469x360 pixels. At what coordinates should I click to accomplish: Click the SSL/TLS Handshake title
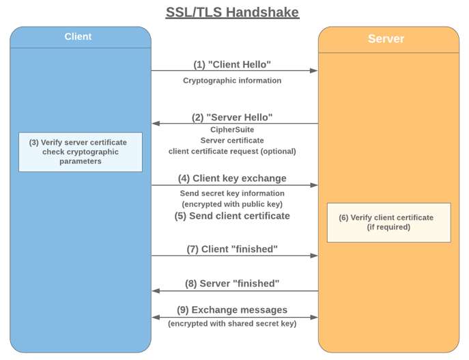coord(232,12)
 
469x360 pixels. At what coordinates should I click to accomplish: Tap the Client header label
coord(78,36)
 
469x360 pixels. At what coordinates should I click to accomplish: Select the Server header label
coord(386,39)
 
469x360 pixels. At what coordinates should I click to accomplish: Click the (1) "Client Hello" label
coord(232,64)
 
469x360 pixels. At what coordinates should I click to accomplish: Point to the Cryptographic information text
coord(232,81)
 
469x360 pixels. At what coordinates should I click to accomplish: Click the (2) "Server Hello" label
coord(232,117)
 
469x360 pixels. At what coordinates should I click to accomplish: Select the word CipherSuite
coord(232,130)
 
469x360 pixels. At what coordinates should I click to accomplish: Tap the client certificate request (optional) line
coord(232,151)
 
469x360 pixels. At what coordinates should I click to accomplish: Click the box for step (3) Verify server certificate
coord(81,152)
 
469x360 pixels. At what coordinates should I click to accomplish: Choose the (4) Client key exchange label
coord(232,178)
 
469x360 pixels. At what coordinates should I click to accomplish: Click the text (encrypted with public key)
coord(232,204)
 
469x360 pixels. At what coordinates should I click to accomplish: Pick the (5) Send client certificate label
coord(232,216)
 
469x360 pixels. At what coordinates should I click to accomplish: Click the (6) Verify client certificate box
coord(389,222)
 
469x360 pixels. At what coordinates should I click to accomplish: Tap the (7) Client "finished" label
coord(232,249)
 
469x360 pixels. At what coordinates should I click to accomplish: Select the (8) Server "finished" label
coord(232,283)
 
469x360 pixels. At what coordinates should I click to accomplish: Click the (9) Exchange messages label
coord(232,309)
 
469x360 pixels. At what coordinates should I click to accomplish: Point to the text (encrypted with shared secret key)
coord(232,324)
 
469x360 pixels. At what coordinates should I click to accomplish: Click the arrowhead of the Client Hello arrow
coord(314,70)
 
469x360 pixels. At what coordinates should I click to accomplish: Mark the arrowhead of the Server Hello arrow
coord(156,123)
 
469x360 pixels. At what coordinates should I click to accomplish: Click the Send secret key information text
coord(232,193)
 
